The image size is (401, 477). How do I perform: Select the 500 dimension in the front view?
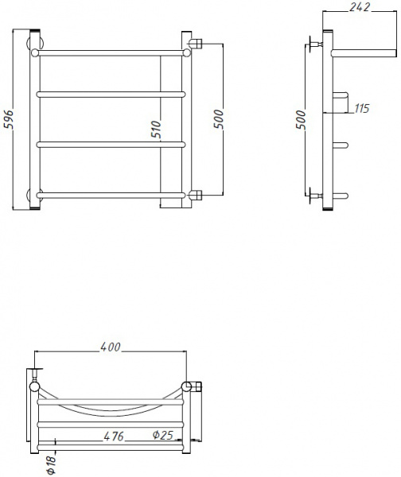point(218,118)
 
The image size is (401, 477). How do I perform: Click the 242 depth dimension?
point(361,7)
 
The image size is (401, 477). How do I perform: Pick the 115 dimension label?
point(362,108)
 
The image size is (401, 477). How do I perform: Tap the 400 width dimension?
point(110,347)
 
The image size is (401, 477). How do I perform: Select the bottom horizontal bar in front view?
point(111,195)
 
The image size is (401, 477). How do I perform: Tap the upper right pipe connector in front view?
point(197,41)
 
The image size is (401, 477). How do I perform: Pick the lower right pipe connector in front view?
point(197,194)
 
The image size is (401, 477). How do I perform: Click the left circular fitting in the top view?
point(35,387)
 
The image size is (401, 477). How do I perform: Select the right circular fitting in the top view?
point(188,386)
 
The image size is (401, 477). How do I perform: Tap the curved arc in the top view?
point(111,409)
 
